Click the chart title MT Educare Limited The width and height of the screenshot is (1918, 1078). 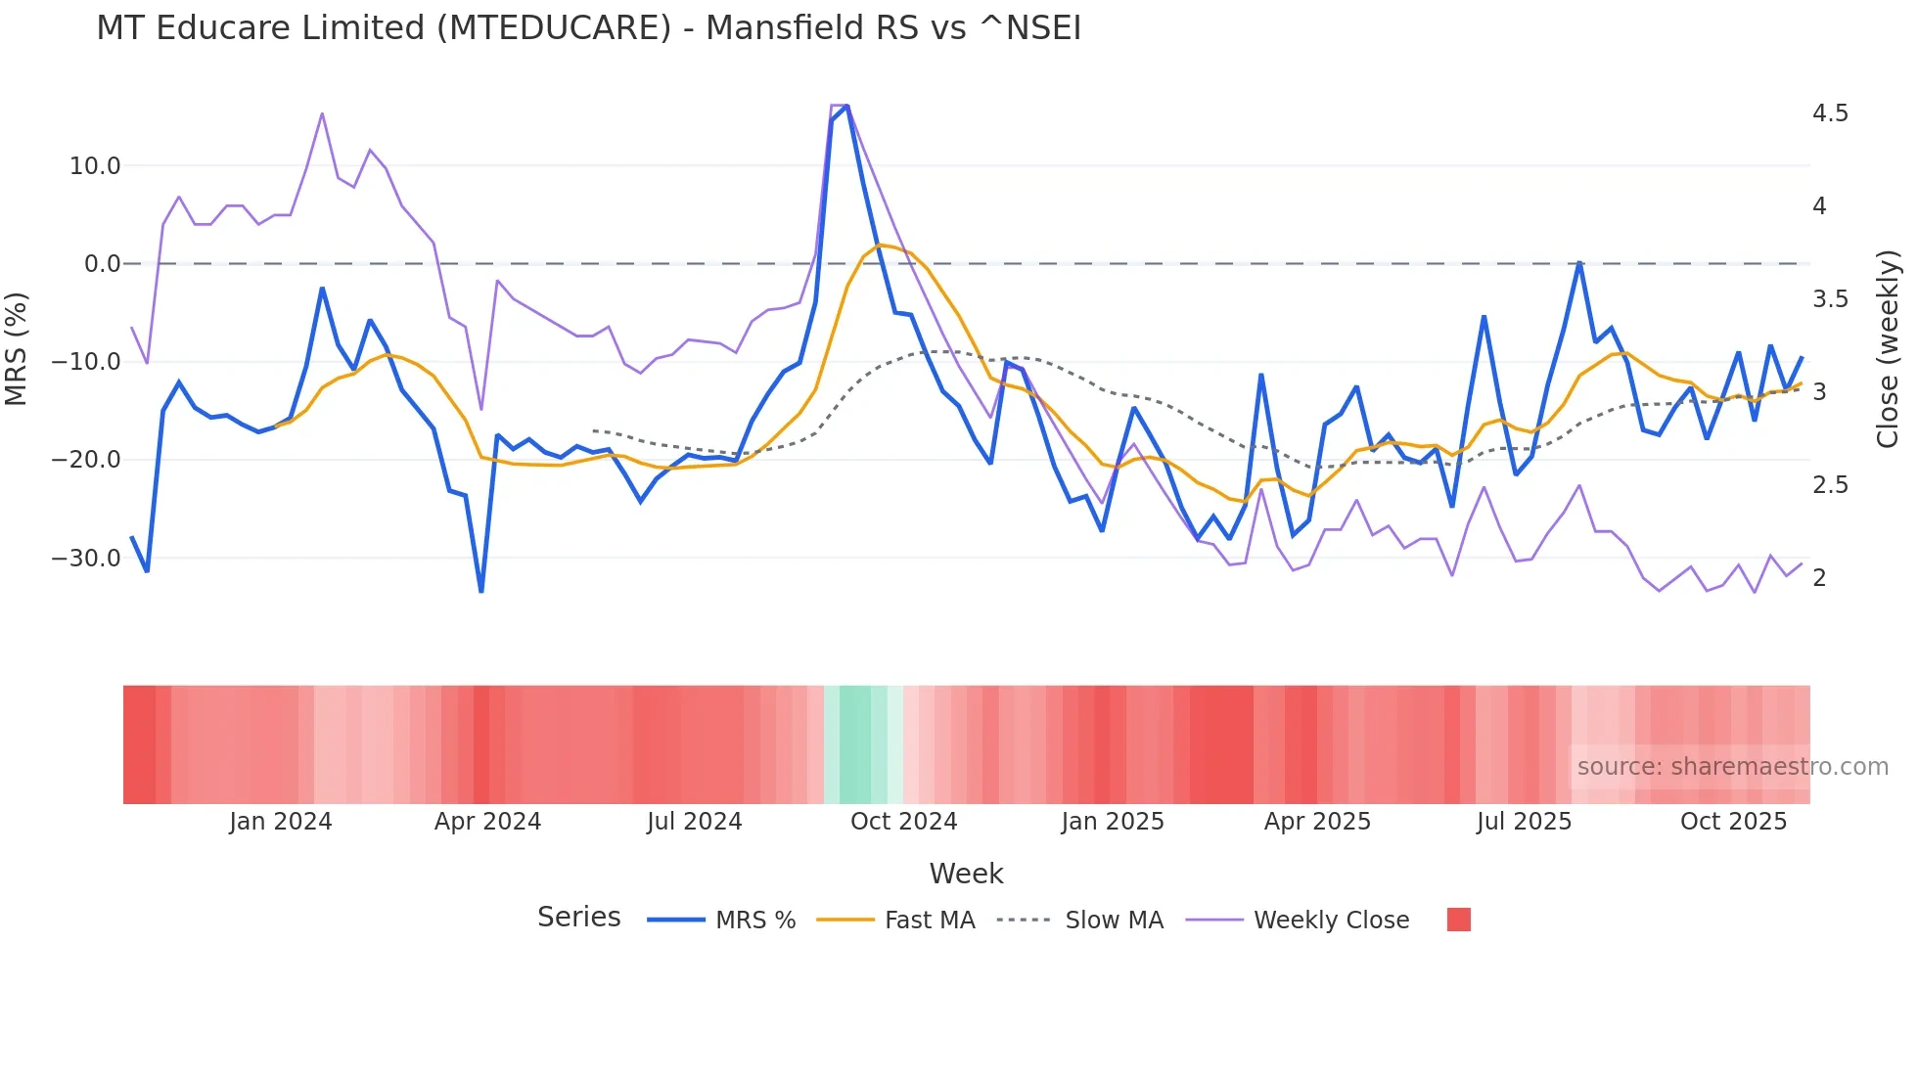coord(588,28)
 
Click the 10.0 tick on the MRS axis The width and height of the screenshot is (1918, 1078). coord(95,166)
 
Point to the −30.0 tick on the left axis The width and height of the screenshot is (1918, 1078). coord(86,559)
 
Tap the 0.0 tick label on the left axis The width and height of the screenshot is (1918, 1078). coord(102,264)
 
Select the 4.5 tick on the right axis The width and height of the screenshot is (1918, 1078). coord(1830,113)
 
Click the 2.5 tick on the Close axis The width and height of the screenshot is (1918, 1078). coord(1830,485)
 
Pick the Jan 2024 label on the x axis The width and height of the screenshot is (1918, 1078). coord(281,822)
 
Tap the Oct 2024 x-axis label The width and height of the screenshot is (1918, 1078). coord(903,822)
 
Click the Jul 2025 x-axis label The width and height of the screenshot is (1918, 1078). coord(1524,822)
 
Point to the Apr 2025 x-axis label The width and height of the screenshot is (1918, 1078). coord(1317,822)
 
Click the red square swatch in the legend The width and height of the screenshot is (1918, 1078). coord(1458,920)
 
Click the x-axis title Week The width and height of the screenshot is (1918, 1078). coord(966,874)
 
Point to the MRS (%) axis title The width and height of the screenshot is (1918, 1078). coord(17,349)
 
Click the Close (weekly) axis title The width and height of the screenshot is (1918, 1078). coord(1888,349)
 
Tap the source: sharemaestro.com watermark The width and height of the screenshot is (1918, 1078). coord(1732,767)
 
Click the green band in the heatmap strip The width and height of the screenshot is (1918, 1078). coord(855,744)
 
